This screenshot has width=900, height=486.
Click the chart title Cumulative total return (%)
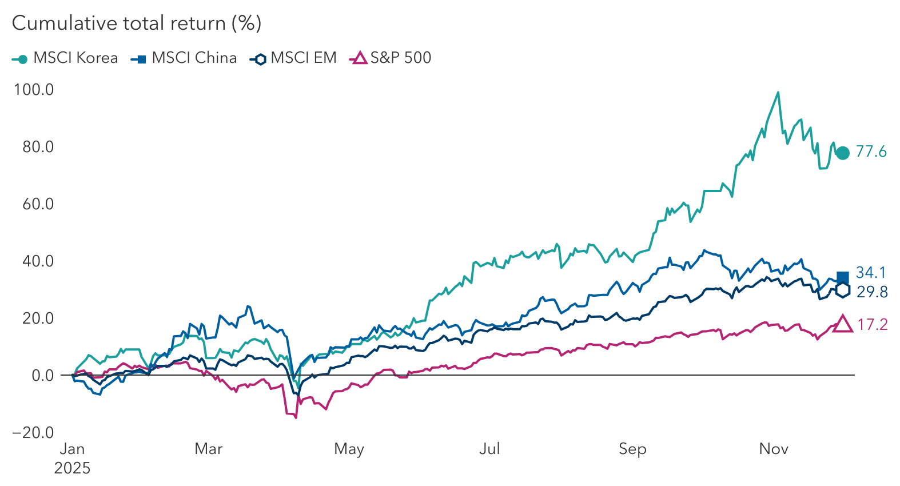point(136,23)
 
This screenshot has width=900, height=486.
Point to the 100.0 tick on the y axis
point(34,90)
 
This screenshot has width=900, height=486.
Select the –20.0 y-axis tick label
point(33,433)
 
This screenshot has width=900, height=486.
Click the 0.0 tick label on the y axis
point(42,376)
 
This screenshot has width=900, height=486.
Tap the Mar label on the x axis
point(208,449)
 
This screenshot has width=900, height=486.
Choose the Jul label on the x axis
point(489,449)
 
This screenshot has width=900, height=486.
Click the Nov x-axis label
point(773,449)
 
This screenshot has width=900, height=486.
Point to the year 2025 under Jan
point(72,468)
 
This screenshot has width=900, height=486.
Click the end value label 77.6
point(871,152)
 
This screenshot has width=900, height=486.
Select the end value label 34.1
point(871,273)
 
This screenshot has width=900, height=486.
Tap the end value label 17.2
point(873,325)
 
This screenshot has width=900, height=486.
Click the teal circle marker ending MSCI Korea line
point(842,153)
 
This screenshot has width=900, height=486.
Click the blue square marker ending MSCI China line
point(842,278)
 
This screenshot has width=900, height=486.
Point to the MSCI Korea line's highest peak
point(778,93)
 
